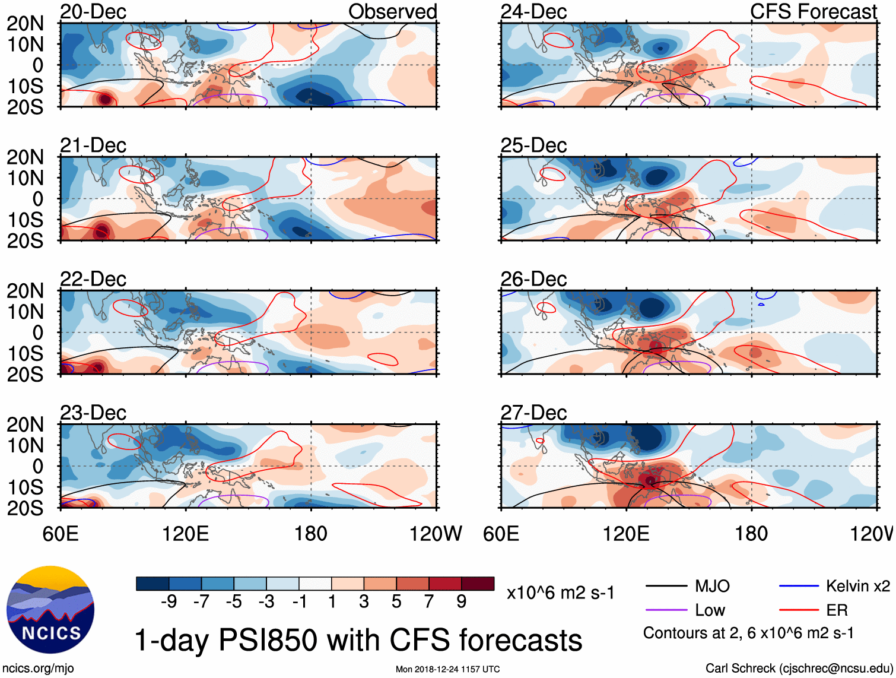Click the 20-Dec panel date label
(x=93, y=12)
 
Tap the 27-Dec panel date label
(x=533, y=413)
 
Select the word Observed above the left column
(x=392, y=12)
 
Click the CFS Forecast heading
(x=813, y=12)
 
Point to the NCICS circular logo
(x=50, y=609)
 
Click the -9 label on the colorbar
(x=169, y=602)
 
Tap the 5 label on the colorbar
(x=396, y=602)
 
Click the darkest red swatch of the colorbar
(x=478, y=584)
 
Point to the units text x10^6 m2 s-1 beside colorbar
(x=561, y=593)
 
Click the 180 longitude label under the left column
(x=311, y=534)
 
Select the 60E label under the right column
(x=501, y=534)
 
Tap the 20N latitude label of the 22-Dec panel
(x=25, y=291)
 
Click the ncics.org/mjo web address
(x=38, y=669)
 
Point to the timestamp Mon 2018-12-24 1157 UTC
(x=447, y=670)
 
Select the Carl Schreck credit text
(x=799, y=669)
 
